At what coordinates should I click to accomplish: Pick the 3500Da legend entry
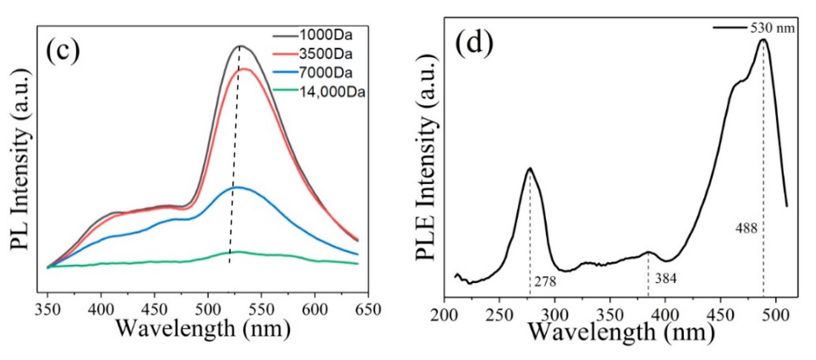tap(326, 54)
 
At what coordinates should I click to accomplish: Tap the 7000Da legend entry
tap(326, 73)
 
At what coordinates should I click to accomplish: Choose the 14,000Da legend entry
tap(332, 92)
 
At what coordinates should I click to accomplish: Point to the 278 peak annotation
tap(545, 281)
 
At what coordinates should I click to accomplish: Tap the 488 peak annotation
tap(747, 228)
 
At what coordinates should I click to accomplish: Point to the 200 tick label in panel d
tap(444, 316)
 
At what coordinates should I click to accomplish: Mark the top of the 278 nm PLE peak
tap(530, 168)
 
